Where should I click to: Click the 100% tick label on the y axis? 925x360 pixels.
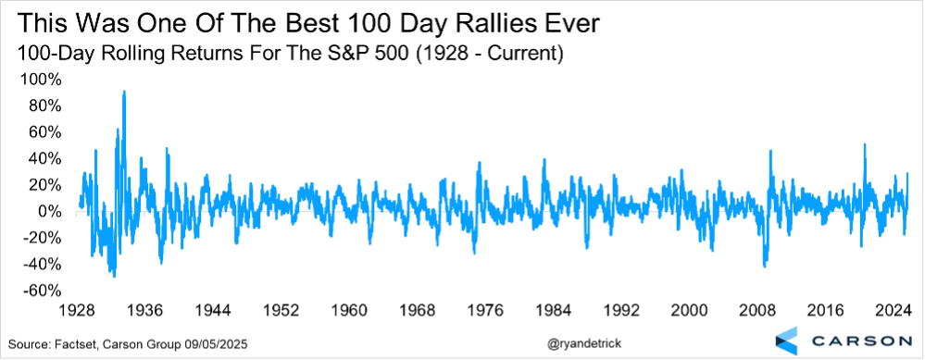[x=40, y=80]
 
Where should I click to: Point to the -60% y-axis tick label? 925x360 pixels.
[x=42, y=292]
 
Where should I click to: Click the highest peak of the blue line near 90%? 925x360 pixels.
[x=124, y=92]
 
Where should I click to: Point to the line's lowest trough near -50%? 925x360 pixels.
[x=114, y=276]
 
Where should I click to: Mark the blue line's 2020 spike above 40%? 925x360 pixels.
[x=865, y=144]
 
